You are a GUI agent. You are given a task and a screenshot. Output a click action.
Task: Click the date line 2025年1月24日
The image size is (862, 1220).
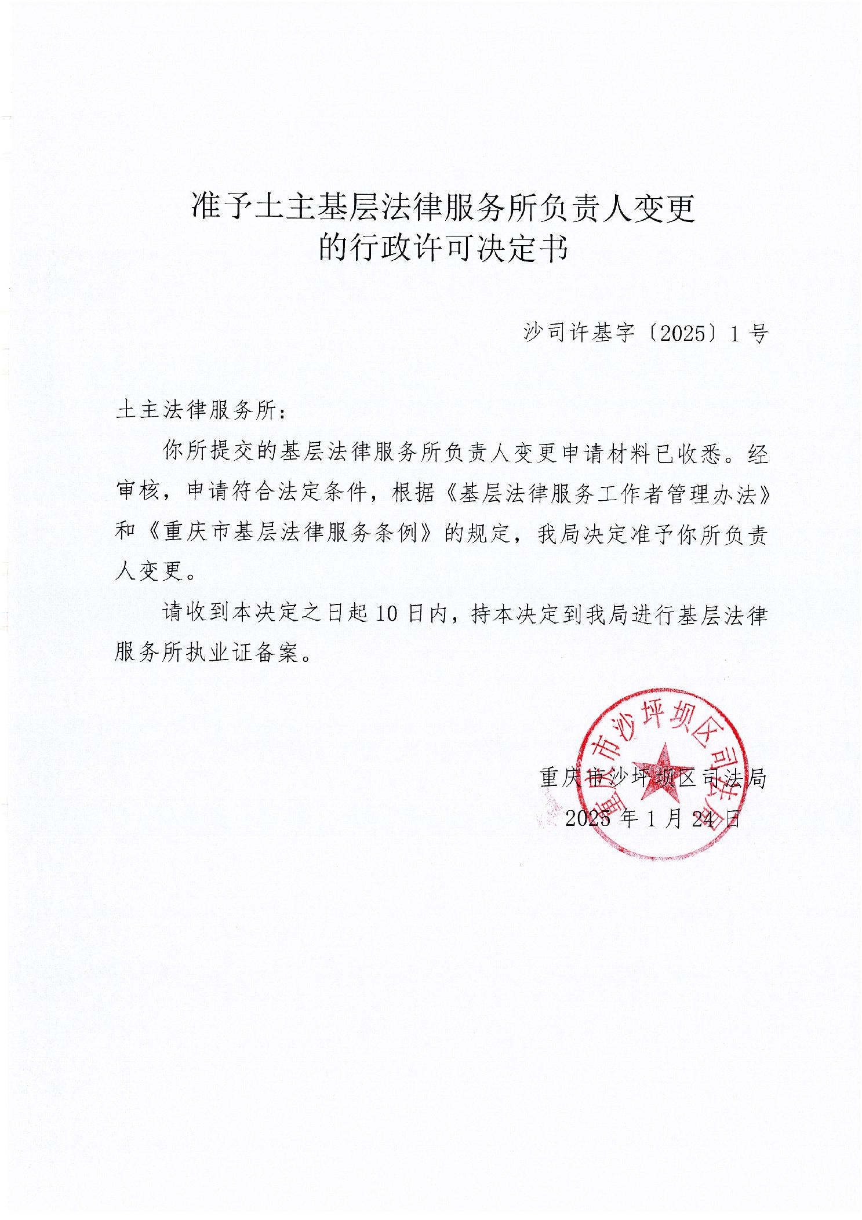point(653,818)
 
